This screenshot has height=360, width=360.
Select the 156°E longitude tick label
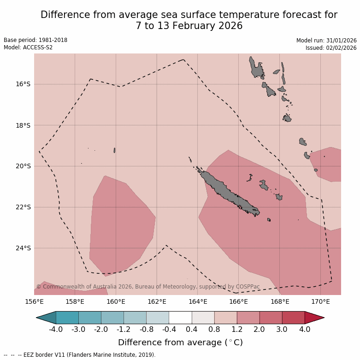(34, 302)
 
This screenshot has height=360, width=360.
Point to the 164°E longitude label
(198, 302)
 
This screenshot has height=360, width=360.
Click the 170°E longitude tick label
(320, 302)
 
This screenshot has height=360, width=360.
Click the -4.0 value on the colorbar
(56, 330)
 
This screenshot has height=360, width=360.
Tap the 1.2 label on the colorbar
(237, 330)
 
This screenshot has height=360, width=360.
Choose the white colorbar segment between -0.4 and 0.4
(180, 318)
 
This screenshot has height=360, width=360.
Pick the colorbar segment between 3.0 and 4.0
(293, 318)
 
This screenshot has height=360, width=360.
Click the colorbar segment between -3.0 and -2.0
(90, 318)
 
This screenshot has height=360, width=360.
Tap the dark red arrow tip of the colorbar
(314, 318)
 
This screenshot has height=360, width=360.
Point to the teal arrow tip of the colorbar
(47, 318)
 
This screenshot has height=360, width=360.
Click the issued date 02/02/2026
(342, 47)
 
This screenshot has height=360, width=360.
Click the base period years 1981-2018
(52, 40)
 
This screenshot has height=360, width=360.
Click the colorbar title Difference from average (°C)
(180, 342)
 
